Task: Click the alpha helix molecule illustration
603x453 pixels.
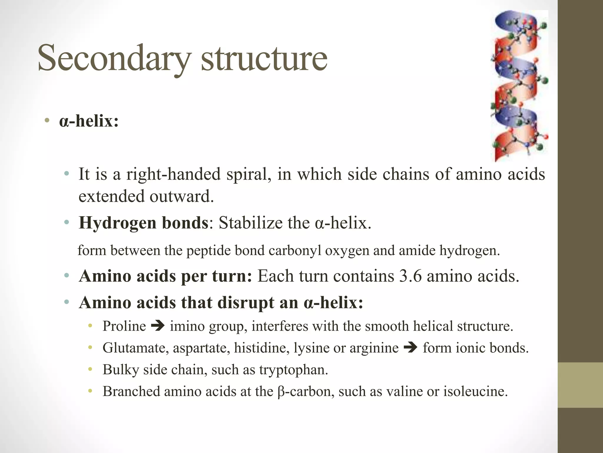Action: point(519,86)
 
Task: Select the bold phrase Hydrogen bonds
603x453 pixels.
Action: point(144,223)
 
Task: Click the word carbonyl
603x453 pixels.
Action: point(294,251)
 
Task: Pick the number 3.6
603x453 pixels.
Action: point(410,276)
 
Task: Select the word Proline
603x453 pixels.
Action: point(124,326)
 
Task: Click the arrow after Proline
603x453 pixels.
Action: point(158,326)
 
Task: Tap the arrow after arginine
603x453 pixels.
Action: point(410,348)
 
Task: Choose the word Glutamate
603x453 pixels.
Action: point(135,348)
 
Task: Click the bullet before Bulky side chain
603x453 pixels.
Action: point(90,369)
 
